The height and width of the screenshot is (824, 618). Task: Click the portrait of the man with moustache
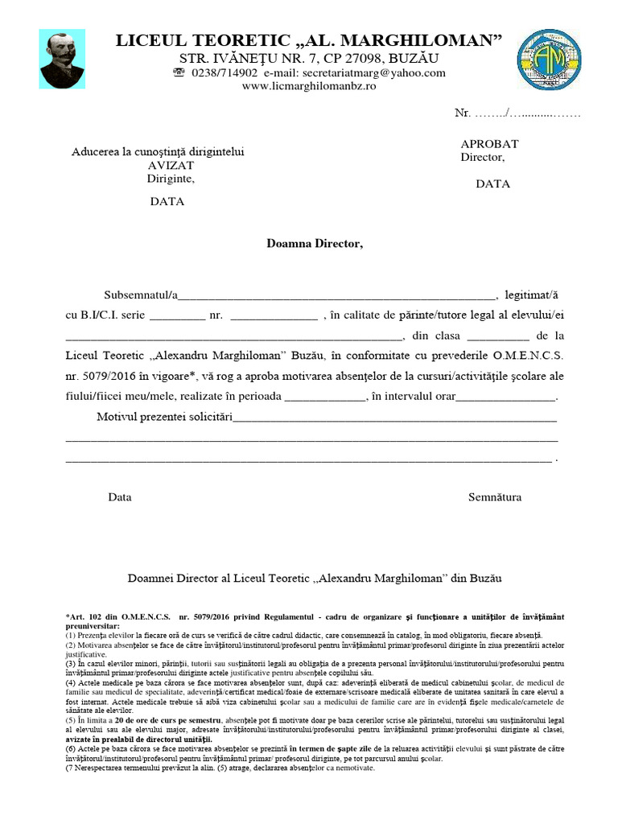(62, 60)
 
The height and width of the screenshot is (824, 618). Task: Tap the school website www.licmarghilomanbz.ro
(309, 86)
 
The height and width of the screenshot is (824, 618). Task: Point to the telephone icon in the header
(179, 72)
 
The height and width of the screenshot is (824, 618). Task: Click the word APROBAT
(489, 143)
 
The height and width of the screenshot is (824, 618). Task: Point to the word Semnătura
(495, 497)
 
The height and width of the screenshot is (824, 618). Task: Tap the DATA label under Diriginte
(167, 201)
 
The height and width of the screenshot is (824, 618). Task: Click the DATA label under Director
(492, 183)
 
